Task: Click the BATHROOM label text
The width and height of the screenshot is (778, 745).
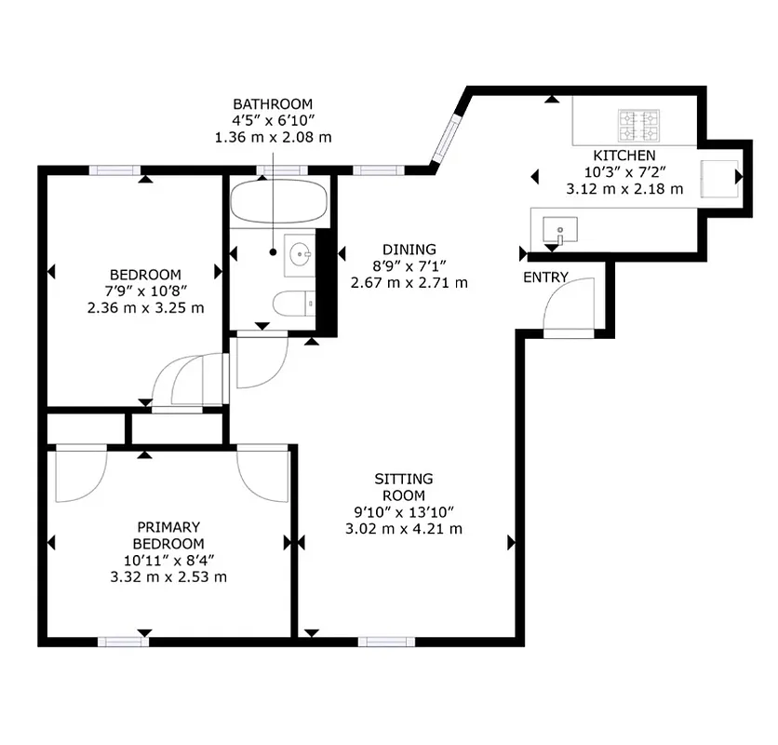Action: point(273,104)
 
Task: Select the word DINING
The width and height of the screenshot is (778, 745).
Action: point(409,250)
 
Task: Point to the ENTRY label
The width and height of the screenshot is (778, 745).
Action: point(545,278)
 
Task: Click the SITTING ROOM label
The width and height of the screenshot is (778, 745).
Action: point(404,487)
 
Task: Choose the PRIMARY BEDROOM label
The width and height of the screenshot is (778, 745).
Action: point(167,535)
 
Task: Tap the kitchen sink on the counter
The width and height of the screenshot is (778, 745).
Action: point(560,228)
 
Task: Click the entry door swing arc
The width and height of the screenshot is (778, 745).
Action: point(569,305)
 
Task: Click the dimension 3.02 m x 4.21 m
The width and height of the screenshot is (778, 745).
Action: point(404,530)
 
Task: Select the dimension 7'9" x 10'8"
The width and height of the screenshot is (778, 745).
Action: point(145,291)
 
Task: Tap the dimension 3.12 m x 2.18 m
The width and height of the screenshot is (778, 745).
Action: point(624,189)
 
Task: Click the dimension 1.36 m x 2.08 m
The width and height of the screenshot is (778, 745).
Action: point(273,138)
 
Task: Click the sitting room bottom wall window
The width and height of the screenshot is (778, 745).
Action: point(386,641)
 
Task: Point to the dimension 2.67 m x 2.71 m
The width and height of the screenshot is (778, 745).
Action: point(409,283)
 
